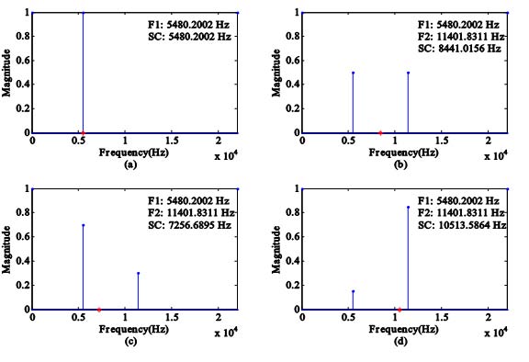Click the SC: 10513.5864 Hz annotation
(462, 223)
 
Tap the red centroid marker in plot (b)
(380, 133)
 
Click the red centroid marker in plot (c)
(99, 309)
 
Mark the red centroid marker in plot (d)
(399, 309)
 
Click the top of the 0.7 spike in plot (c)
(84, 225)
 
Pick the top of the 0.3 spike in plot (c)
(138, 273)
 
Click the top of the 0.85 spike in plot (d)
(408, 207)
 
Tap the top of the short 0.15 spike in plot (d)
(353, 291)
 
